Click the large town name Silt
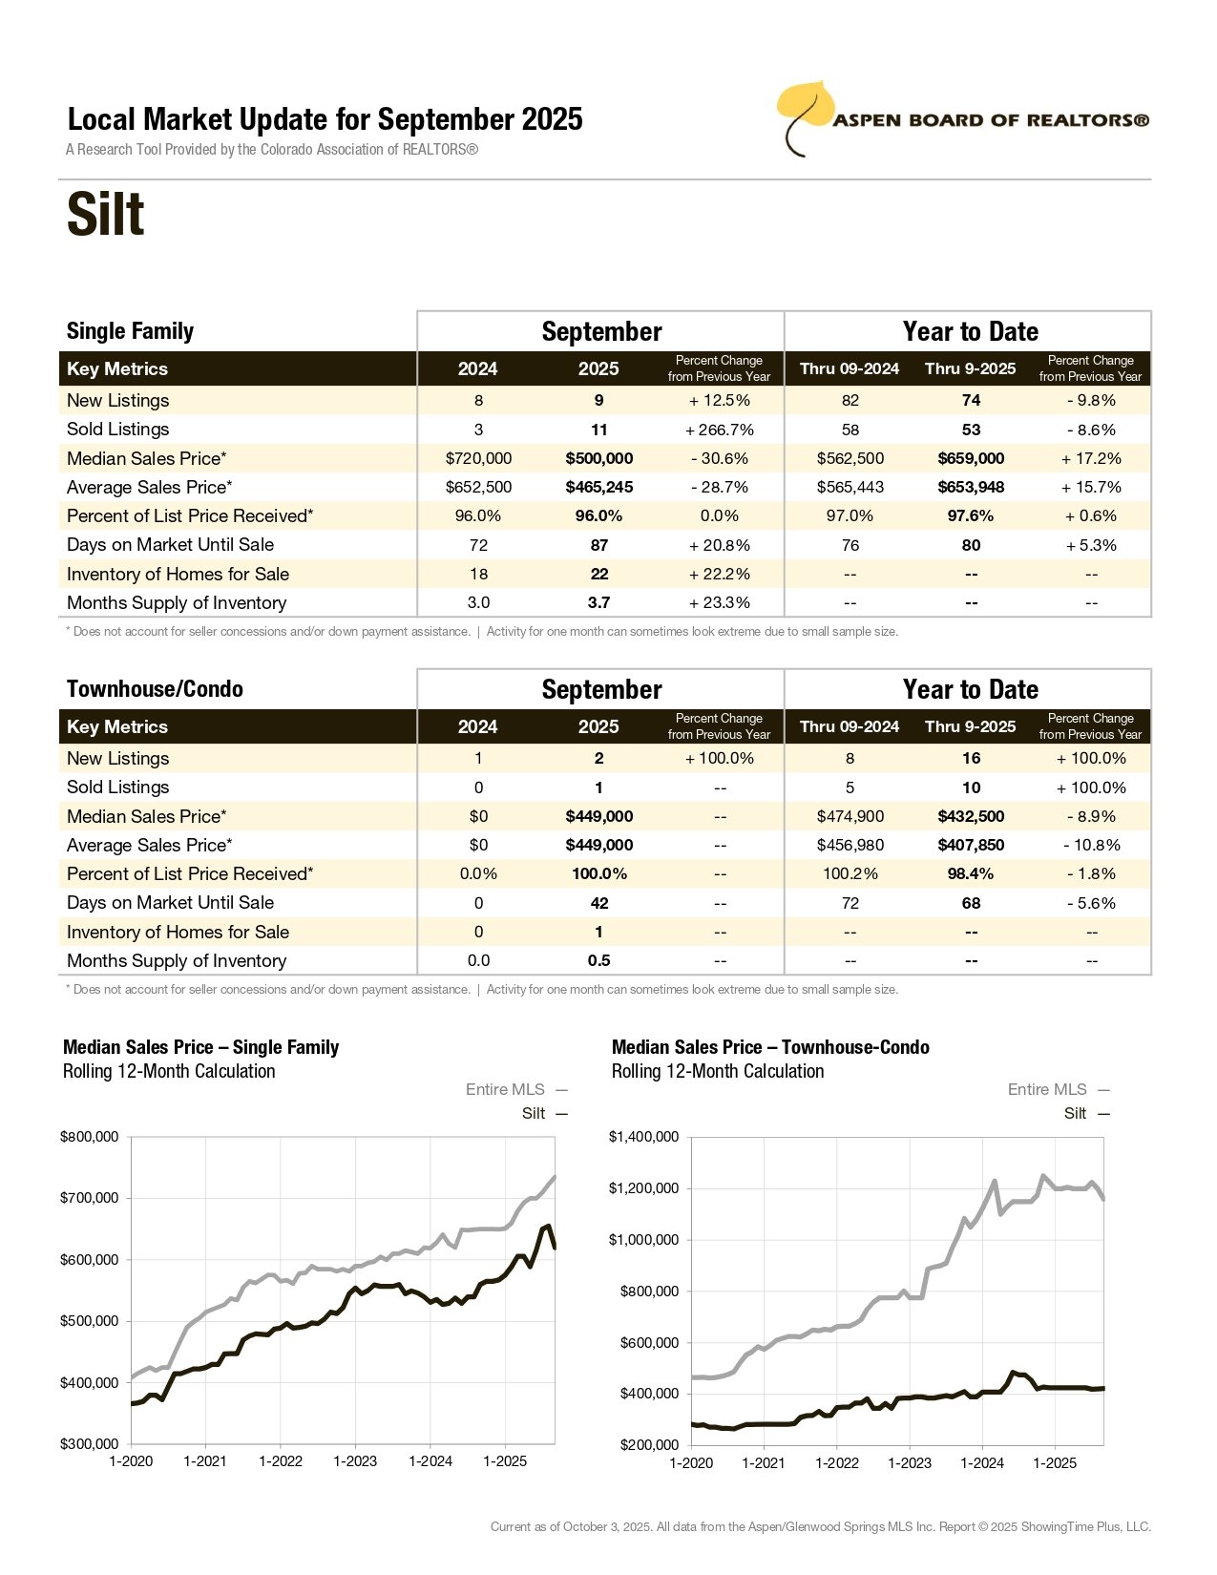(105, 215)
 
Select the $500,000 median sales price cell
(598, 458)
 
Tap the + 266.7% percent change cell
(719, 430)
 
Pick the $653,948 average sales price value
(971, 487)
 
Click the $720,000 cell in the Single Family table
(478, 458)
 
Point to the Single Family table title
(130, 331)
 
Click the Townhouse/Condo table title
(155, 689)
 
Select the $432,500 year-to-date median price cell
(971, 816)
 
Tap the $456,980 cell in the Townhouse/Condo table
(850, 845)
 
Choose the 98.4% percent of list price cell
(971, 873)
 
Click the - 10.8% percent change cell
(1091, 845)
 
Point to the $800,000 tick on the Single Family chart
(90, 1137)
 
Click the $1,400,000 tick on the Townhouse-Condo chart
(644, 1137)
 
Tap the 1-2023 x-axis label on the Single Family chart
(355, 1461)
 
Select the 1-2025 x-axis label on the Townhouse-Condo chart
(1055, 1463)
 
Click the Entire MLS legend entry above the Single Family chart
(515, 1089)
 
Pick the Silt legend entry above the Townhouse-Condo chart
(1086, 1113)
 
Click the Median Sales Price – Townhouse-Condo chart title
(770, 1047)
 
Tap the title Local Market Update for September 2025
(325, 119)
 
